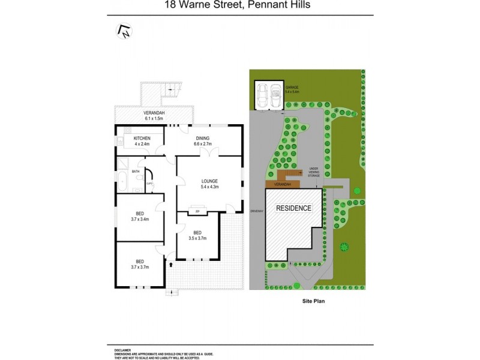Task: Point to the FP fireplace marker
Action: [x=197, y=212]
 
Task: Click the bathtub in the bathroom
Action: [x=122, y=180]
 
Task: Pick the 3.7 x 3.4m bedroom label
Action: [x=139, y=217]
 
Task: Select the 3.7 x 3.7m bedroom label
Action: [x=139, y=264]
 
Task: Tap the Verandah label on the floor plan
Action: [x=154, y=116]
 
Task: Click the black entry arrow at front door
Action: [x=172, y=263]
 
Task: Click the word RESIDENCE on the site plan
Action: [x=293, y=208]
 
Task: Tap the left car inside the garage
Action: [x=263, y=95]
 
